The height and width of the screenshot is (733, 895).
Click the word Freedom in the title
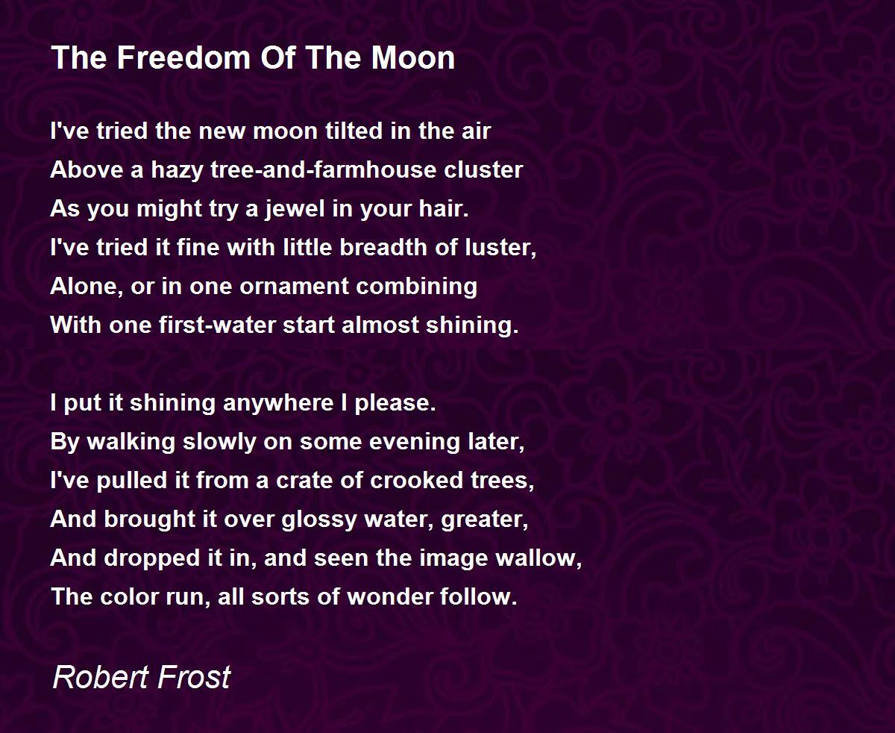click(x=183, y=57)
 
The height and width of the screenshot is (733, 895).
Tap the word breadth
click(x=383, y=247)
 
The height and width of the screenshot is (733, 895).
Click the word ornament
click(x=294, y=287)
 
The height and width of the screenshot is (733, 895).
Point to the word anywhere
click(x=278, y=403)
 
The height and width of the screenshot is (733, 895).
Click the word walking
click(x=131, y=442)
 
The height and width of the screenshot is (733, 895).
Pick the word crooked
click(x=416, y=481)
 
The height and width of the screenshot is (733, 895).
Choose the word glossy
click(x=319, y=520)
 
